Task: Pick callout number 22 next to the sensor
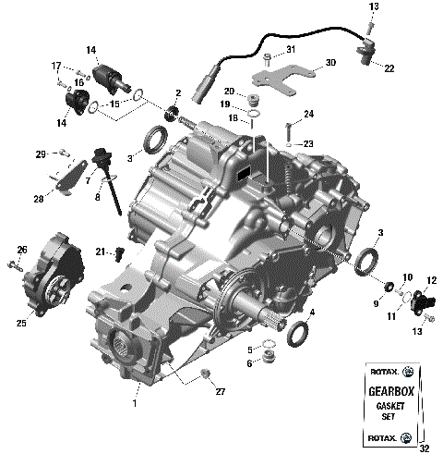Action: point(389,67)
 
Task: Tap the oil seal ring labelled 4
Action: point(299,333)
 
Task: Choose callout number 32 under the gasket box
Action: point(424,448)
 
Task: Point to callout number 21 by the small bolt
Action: point(104,251)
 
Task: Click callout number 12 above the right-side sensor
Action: point(430,279)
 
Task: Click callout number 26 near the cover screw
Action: point(22,250)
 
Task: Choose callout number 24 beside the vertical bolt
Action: point(308,115)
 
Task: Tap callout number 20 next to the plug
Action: point(227,91)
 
